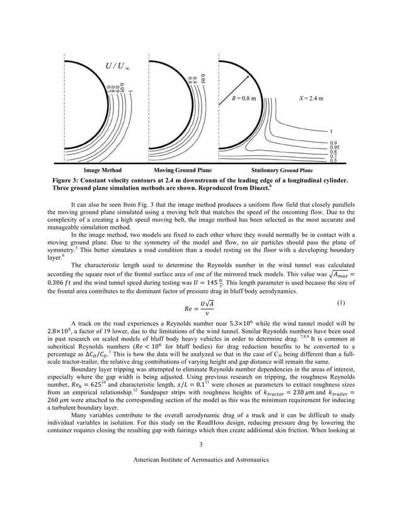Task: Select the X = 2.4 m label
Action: (x=312, y=99)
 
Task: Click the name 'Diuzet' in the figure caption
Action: (x=292, y=187)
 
